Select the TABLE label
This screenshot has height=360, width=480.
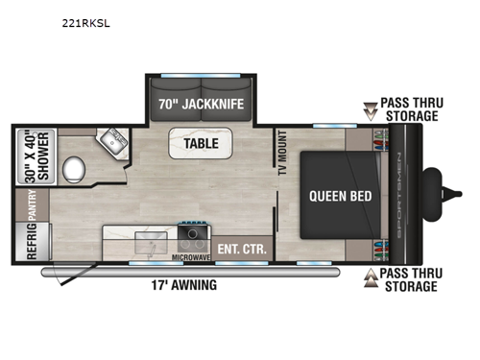tap(198, 144)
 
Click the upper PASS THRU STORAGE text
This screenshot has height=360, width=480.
tap(410, 108)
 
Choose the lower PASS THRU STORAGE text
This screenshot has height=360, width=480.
tap(410, 279)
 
